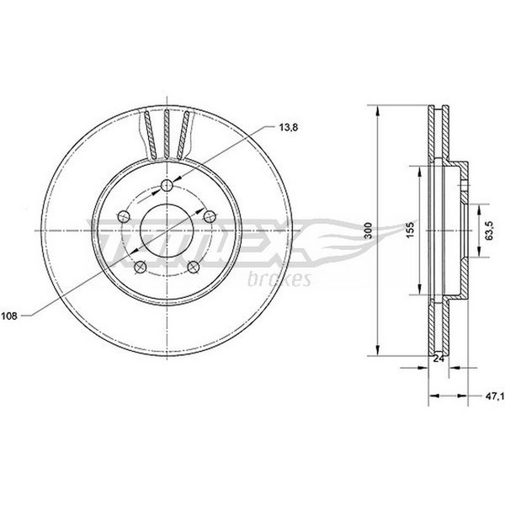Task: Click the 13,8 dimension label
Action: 289,128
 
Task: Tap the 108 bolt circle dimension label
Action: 9,316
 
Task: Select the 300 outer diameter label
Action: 369,231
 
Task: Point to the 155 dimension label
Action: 411,231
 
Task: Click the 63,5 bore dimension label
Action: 490,231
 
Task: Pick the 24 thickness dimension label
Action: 439,359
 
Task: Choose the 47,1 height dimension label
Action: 494,396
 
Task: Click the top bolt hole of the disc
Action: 167,185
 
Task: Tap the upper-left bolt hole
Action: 124,216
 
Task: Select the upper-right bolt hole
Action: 210,216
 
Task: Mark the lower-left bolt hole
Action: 140,267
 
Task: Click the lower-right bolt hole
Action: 194,267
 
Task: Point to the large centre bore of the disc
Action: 167,231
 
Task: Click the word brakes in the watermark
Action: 279,279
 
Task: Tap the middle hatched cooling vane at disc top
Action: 167,134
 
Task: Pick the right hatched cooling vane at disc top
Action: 183,135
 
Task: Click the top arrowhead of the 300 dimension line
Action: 378,111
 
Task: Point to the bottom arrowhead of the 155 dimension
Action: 419,288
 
